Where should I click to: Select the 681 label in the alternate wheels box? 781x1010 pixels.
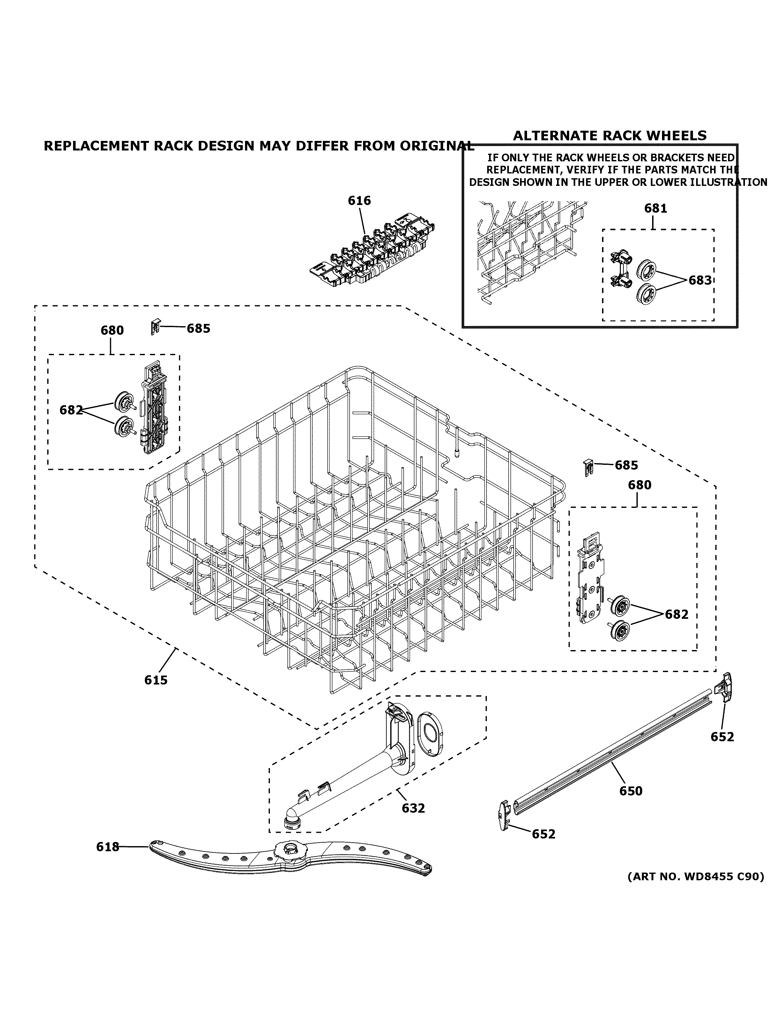tap(655, 209)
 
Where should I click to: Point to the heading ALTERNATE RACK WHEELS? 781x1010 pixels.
tap(610, 135)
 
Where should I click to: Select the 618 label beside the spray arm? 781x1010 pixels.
tap(107, 847)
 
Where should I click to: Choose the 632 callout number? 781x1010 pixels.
tap(413, 808)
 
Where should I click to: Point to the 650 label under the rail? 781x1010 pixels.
tap(631, 791)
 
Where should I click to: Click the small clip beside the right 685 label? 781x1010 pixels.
tap(588, 467)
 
